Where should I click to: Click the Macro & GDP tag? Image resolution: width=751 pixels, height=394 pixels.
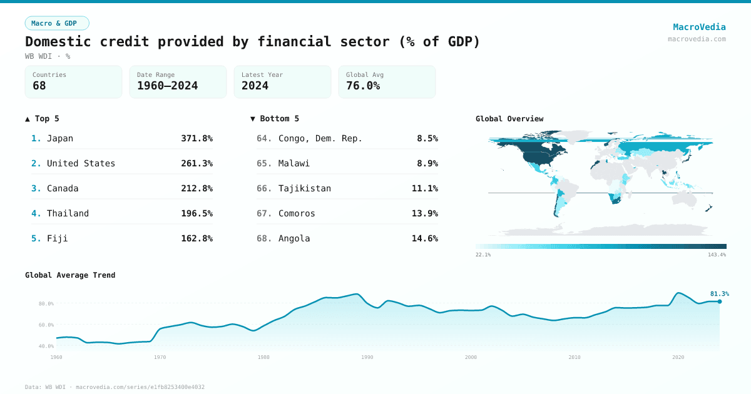(57, 23)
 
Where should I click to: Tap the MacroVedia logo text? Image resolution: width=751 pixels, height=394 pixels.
(699, 27)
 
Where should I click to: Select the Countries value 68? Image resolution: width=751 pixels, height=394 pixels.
(39, 86)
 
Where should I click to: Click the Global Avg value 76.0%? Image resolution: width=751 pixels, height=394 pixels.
(363, 86)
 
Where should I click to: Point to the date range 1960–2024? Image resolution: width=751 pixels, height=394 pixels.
(167, 86)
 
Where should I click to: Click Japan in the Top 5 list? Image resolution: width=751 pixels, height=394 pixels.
(60, 138)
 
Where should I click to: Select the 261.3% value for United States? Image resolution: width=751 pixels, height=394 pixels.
(197, 163)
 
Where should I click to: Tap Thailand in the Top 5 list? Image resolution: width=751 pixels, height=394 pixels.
(68, 213)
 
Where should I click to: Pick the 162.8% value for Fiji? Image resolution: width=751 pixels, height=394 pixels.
(197, 238)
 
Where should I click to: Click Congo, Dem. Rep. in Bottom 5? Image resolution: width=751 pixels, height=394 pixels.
(320, 138)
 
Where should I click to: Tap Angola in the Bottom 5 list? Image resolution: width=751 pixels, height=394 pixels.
(294, 238)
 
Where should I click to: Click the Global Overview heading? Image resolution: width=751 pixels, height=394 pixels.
(509, 119)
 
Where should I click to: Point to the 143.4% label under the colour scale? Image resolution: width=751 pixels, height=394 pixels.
(717, 255)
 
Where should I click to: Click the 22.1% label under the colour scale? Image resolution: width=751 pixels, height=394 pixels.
(483, 255)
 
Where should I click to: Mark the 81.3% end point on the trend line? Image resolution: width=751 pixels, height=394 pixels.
(719, 301)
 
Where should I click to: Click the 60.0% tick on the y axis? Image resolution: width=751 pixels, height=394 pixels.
(46, 325)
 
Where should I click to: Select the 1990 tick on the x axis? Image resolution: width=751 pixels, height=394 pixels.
(367, 357)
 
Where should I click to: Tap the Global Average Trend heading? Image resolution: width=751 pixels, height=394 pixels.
(70, 275)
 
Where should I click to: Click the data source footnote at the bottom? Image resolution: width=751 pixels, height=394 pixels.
(115, 387)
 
